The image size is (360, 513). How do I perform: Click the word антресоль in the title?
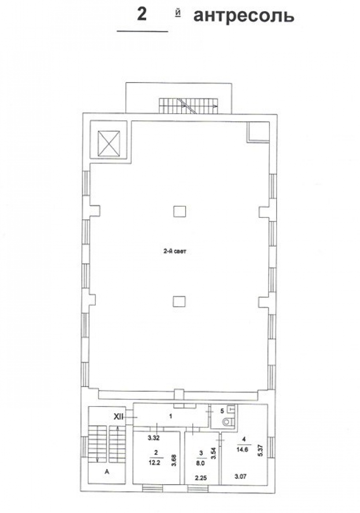click(x=244, y=16)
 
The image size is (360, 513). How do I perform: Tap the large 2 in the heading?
click(x=142, y=14)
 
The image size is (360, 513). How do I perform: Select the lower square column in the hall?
click(x=179, y=301)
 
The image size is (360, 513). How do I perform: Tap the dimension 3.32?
click(x=153, y=438)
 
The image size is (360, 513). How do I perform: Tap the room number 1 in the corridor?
click(x=170, y=416)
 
